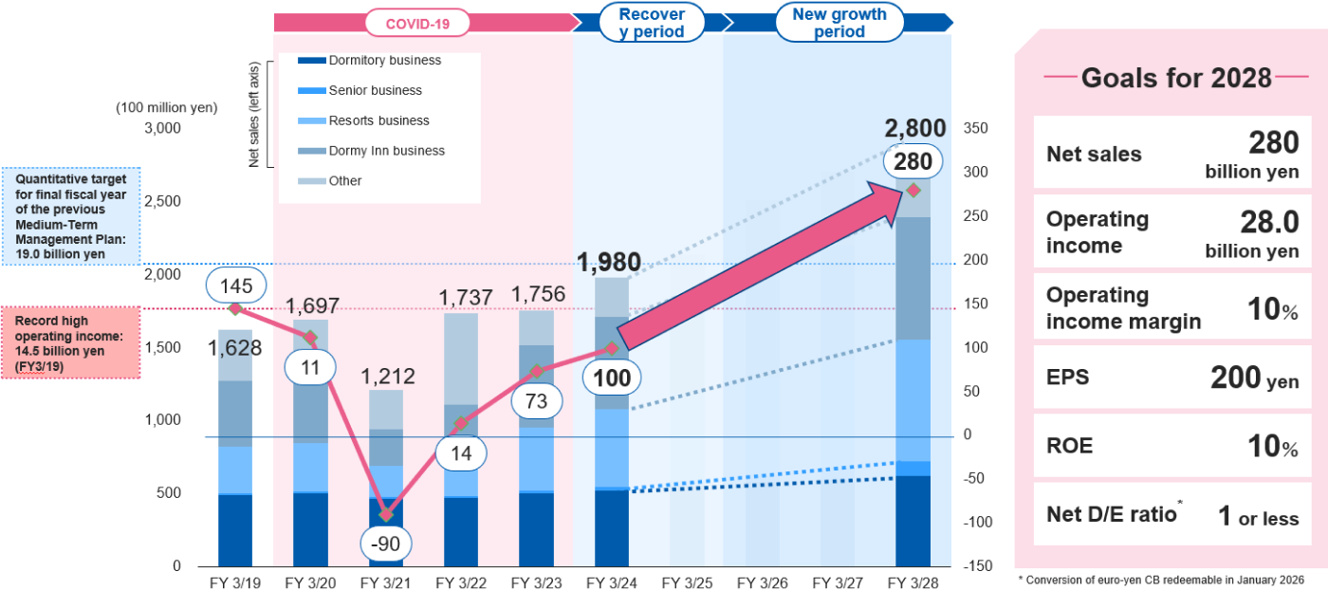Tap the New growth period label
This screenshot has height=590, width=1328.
coord(839,23)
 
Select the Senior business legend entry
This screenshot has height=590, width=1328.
coord(375,90)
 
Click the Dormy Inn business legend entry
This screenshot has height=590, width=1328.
coord(386,151)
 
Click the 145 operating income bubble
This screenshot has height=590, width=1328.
coord(234,285)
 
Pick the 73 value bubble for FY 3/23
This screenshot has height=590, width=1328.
coord(536,401)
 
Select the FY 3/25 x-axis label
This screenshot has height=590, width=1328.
coord(686,581)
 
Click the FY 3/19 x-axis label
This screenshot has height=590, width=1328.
coord(234,581)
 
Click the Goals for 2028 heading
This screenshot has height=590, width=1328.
coord(1176,78)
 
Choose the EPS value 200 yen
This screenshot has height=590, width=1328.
coord(1254,378)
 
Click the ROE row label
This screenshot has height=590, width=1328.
coord(1069,446)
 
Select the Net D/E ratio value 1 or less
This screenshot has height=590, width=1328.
coord(1258,517)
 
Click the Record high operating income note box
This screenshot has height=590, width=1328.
coord(70,342)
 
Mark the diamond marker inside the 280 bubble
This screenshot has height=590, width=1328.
coord(913,191)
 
